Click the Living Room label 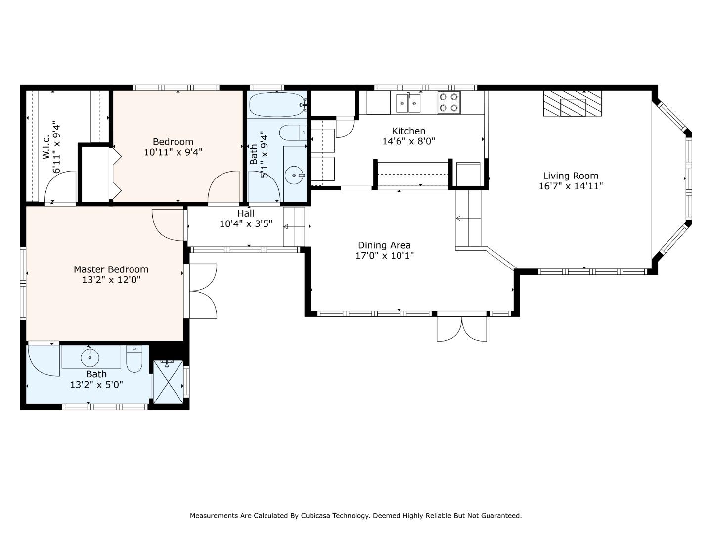[571, 176]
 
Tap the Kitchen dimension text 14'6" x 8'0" [408, 141]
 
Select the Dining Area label [384, 245]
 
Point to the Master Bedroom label [111, 269]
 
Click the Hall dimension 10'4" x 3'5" [246, 223]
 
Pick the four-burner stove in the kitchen [448, 102]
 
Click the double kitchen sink [408, 103]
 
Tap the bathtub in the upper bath [278, 105]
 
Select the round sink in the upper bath [294, 175]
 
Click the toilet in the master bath [134, 358]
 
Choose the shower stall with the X [168, 382]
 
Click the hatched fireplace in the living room [573, 103]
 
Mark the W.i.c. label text [46, 147]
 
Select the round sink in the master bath [90, 357]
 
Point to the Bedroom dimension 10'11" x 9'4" [173, 152]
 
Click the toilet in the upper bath [293, 133]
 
